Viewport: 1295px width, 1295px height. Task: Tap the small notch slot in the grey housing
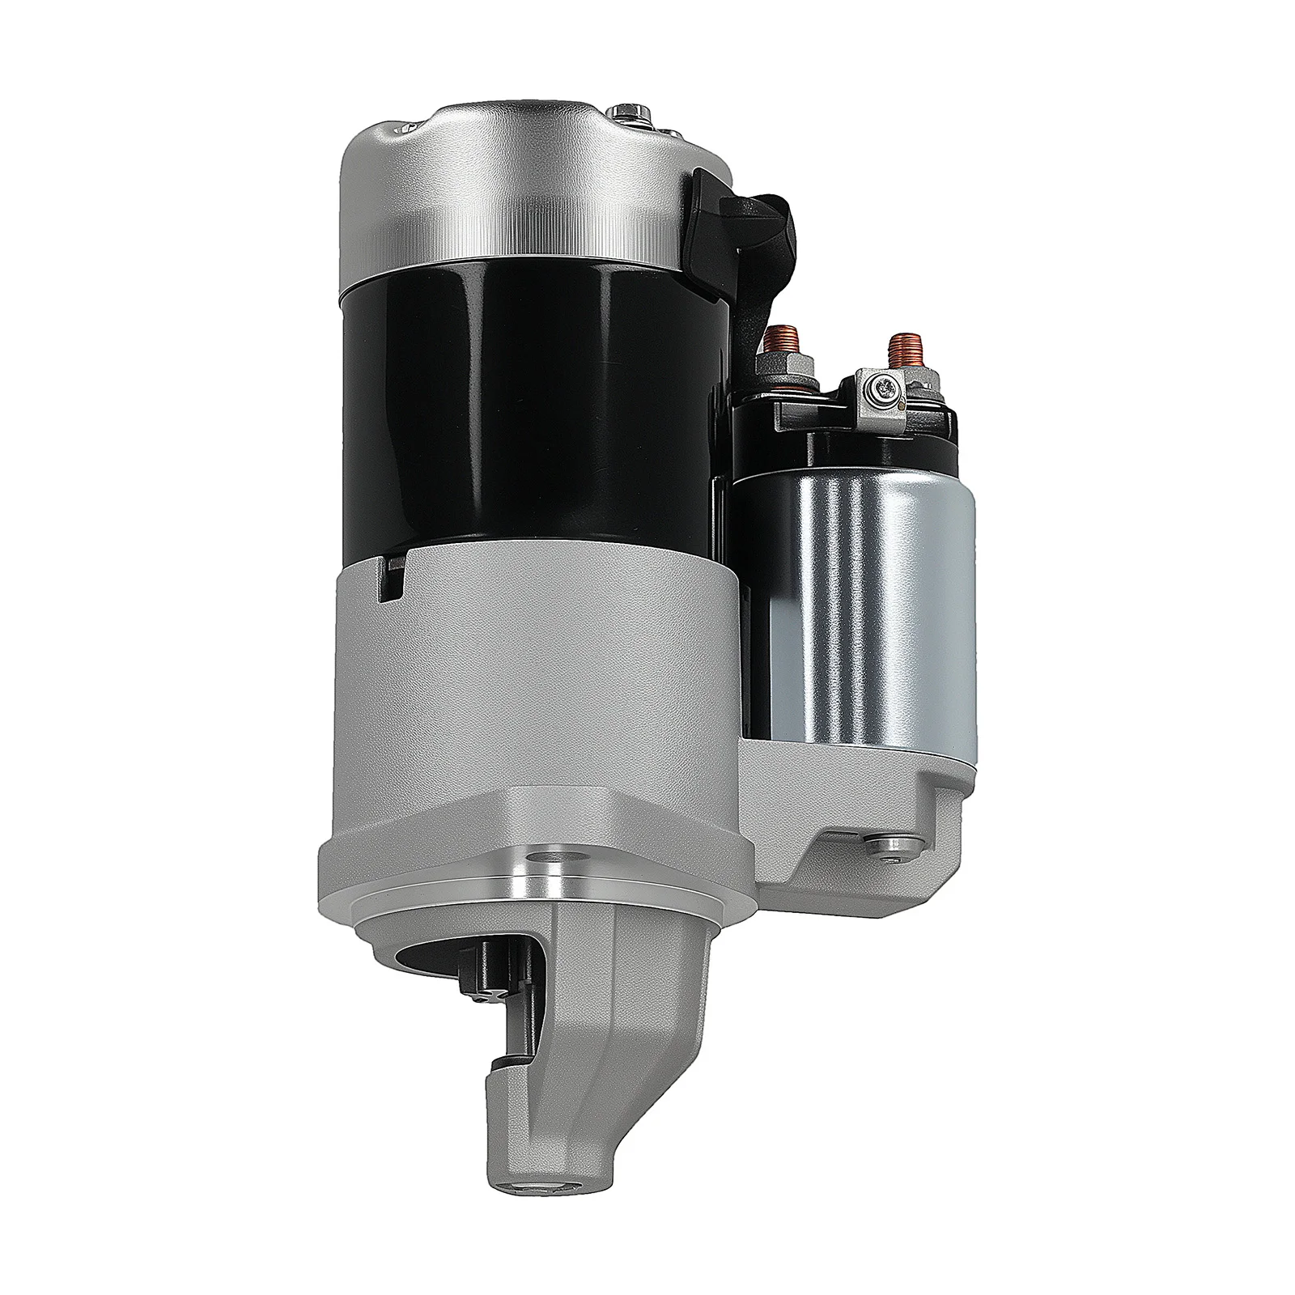(394, 579)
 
